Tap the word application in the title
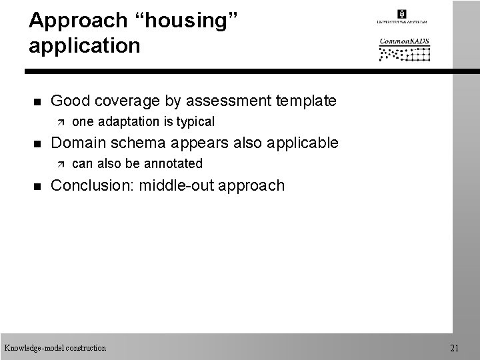pos(85,46)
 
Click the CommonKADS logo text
pos(405,41)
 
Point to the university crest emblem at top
pos(401,13)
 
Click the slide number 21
pos(455,347)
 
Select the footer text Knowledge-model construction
pos(55,347)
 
